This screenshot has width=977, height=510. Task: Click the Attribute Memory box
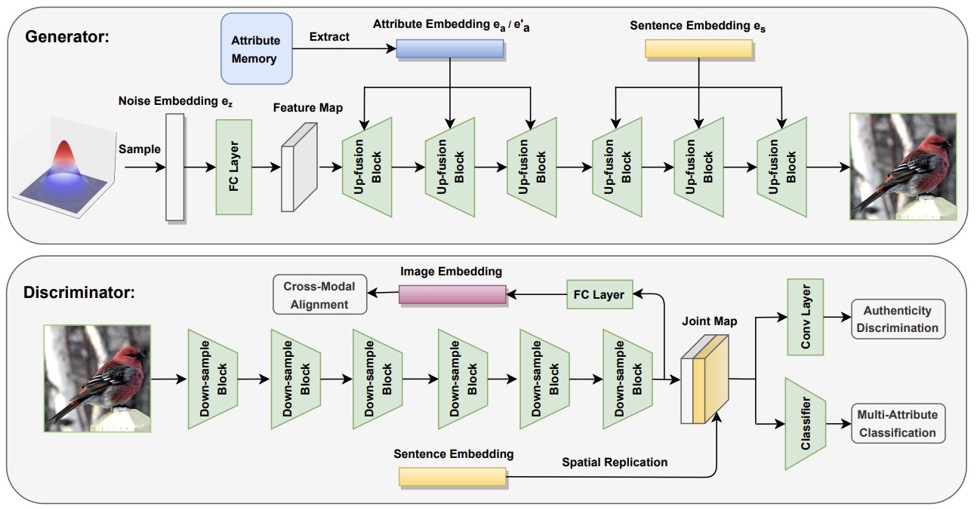tap(257, 48)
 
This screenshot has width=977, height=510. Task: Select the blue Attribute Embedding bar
tap(450, 49)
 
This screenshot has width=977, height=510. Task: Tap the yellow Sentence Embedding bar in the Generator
tap(698, 49)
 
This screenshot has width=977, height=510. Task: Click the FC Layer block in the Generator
tap(234, 167)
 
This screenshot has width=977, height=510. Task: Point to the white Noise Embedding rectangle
tap(174, 167)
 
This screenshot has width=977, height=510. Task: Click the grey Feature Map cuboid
tap(299, 167)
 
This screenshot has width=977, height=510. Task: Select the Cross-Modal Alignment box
tap(319, 294)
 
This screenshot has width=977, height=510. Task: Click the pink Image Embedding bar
tap(452, 295)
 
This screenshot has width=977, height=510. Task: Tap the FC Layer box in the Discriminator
tap(599, 294)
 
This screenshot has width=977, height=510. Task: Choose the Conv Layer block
tap(805, 317)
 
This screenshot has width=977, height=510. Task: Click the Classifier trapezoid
tap(805, 424)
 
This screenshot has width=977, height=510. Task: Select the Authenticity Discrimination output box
tap(898, 319)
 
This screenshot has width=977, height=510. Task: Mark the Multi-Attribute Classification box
tap(898, 424)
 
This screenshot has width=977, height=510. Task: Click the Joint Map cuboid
tap(704, 379)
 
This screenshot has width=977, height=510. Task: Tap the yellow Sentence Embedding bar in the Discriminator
tap(452, 477)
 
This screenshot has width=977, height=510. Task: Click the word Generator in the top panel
tap(66, 37)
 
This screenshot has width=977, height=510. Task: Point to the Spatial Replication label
tap(615, 462)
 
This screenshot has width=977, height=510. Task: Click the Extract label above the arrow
tap(329, 37)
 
